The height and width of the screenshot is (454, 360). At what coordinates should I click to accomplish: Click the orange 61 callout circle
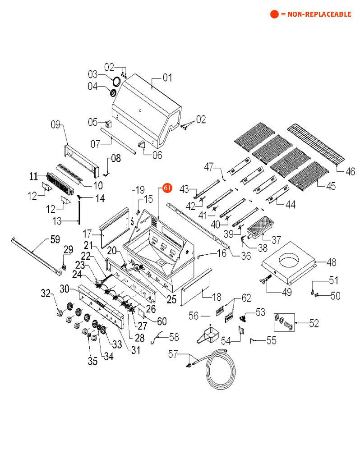coord(167,188)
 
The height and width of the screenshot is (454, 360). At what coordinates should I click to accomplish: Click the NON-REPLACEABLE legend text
coord(316,14)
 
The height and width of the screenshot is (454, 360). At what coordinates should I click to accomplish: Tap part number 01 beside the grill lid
coord(167,78)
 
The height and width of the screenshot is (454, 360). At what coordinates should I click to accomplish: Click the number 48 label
coord(332,261)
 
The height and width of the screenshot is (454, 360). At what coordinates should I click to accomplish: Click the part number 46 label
coord(350,172)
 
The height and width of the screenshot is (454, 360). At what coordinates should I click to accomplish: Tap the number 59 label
coord(55,239)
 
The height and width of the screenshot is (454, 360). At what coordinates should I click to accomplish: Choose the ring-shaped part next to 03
coord(115,82)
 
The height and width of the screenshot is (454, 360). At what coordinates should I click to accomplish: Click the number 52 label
coord(314,323)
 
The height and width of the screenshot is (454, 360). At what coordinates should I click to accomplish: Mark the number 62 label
coord(246,298)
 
